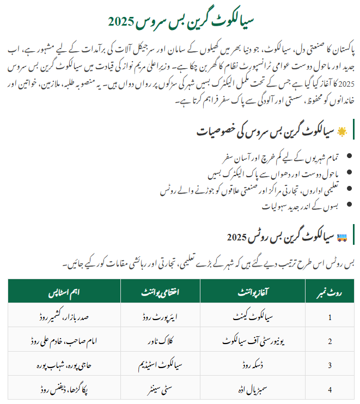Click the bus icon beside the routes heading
342,237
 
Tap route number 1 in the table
329,316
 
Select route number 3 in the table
329,365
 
